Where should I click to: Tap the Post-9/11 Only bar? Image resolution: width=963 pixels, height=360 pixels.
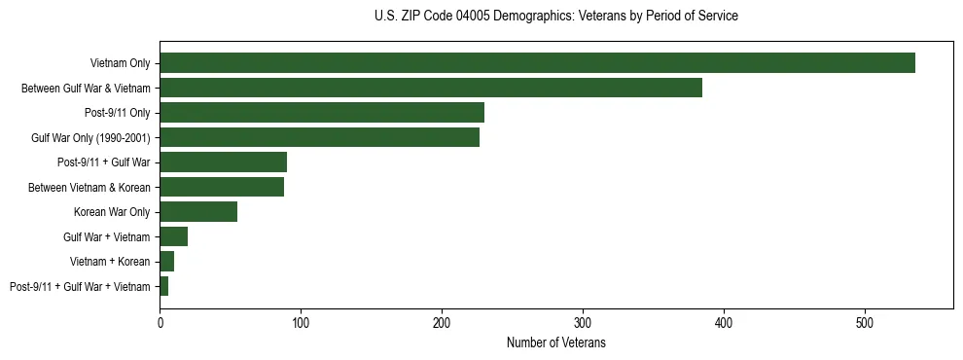322,113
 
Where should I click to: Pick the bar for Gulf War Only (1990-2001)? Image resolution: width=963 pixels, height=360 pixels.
319,138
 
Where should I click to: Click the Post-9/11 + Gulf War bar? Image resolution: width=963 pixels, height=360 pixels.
223,162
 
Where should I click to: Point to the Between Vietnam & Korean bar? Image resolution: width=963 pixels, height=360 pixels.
222,187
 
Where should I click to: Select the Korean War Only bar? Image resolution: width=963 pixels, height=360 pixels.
198,212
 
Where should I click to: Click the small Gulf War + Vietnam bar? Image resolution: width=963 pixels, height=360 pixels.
173,236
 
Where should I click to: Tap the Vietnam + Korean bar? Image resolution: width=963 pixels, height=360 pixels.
166,262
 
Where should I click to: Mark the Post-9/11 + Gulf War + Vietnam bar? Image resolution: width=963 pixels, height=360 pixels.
163,286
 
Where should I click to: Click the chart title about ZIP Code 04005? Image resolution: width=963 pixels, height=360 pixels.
555,17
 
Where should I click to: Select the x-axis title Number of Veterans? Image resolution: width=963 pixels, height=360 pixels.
555,343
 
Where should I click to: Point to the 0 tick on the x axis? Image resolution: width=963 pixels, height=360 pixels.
160,322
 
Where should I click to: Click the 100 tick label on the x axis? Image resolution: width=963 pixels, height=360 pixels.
301,322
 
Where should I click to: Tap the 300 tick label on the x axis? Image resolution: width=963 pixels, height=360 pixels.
583,322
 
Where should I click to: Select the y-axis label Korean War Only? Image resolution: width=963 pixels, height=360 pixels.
112,212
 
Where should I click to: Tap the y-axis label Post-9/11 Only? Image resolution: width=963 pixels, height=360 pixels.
118,113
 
